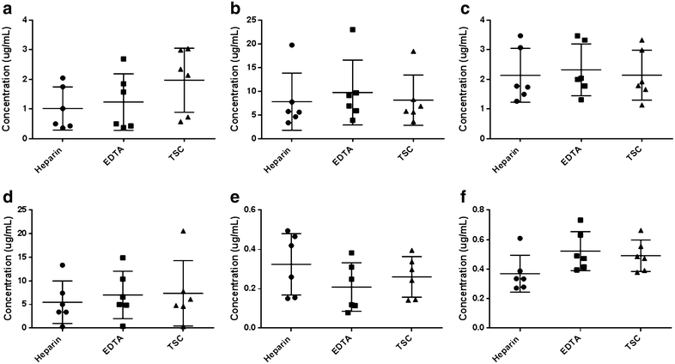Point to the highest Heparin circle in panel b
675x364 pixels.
(x=267, y=45)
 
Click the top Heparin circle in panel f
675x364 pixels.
(x=496, y=239)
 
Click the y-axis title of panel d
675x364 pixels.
(x=9, y=268)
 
